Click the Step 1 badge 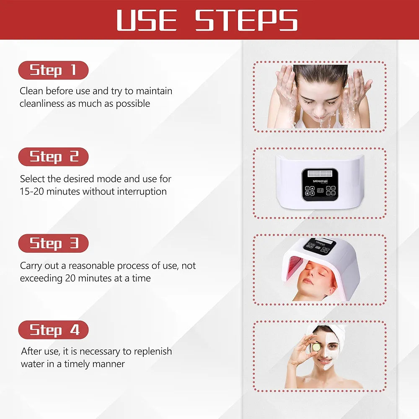[x=53, y=70]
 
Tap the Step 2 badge [x=53, y=157]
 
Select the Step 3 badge [x=53, y=243]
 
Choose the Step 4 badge [x=53, y=330]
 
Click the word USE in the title [x=147, y=20]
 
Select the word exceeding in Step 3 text [x=41, y=278]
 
